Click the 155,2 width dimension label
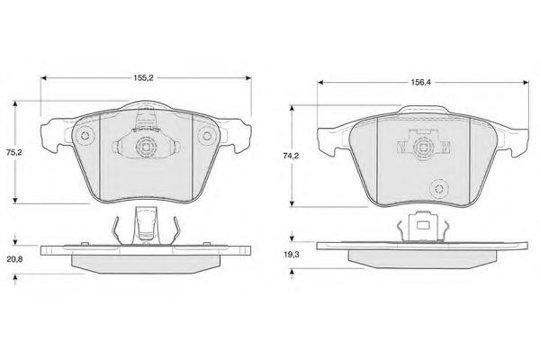click(143, 78)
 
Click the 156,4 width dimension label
click(420, 82)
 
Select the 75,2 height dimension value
click(14, 152)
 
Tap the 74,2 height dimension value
click(291, 156)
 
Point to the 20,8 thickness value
click(14, 259)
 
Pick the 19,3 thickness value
click(291, 255)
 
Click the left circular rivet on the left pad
click(85, 135)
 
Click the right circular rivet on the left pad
click(207, 135)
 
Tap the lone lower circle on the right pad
click(439, 189)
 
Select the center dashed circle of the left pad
click(147, 147)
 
